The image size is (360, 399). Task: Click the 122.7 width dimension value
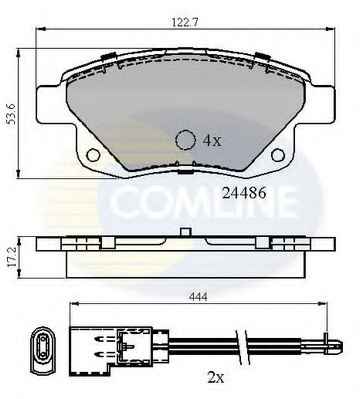(185, 22)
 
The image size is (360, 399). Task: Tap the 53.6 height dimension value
(12, 113)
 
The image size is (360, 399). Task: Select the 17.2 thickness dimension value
(12, 256)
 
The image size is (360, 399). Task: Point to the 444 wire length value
(198, 296)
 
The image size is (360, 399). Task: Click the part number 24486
(244, 193)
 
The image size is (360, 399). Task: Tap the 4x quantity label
(212, 141)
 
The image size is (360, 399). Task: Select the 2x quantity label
(216, 378)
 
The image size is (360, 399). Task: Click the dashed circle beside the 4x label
(185, 140)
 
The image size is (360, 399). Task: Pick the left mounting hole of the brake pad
(93, 155)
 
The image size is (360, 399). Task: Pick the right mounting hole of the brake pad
(278, 155)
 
